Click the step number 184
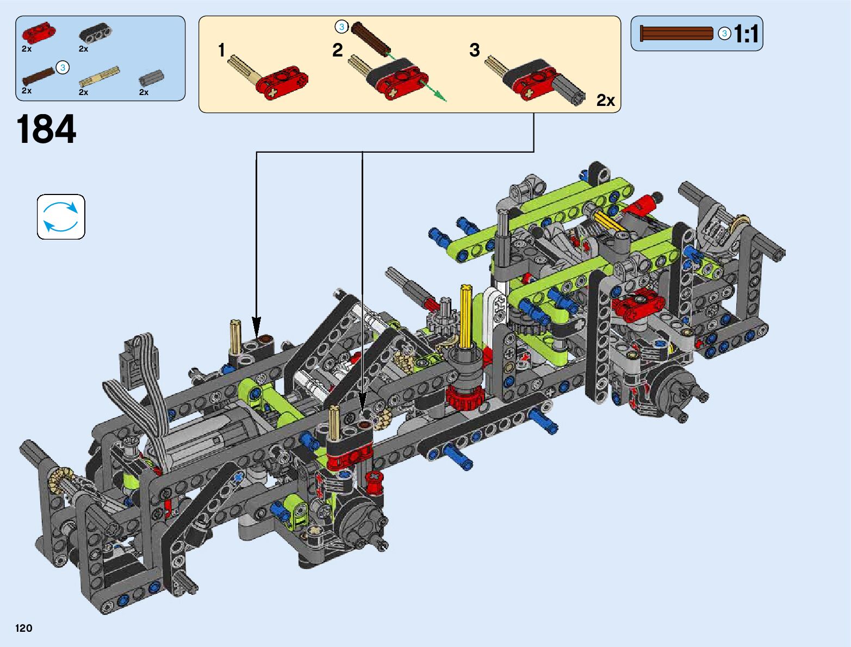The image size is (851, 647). (46, 129)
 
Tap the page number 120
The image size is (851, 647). (23, 628)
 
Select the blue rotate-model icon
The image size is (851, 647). (61, 217)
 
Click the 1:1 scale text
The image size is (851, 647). (746, 34)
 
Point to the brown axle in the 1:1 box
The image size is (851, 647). (676, 33)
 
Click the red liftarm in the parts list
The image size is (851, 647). (39, 32)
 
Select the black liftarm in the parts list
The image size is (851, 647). (96, 33)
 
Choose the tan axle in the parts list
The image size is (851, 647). (100, 76)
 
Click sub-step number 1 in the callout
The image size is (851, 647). (221, 50)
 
